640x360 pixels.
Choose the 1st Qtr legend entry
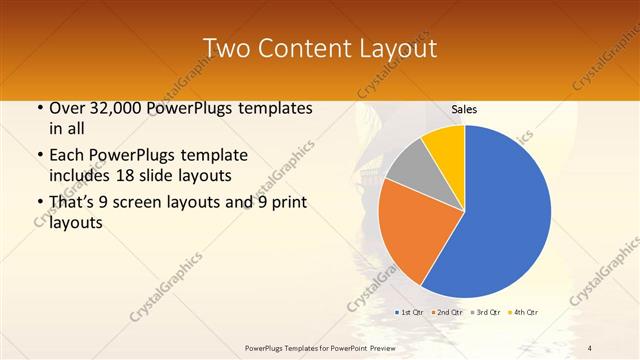pyautogui.click(x=411, y=313)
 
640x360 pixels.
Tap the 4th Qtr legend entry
pyautogui.click(x=525, y=313)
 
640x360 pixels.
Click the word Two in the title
pyautogui.click(x=225, y=48)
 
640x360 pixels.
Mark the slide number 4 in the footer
pyautogui.click(x=590, y=347)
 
